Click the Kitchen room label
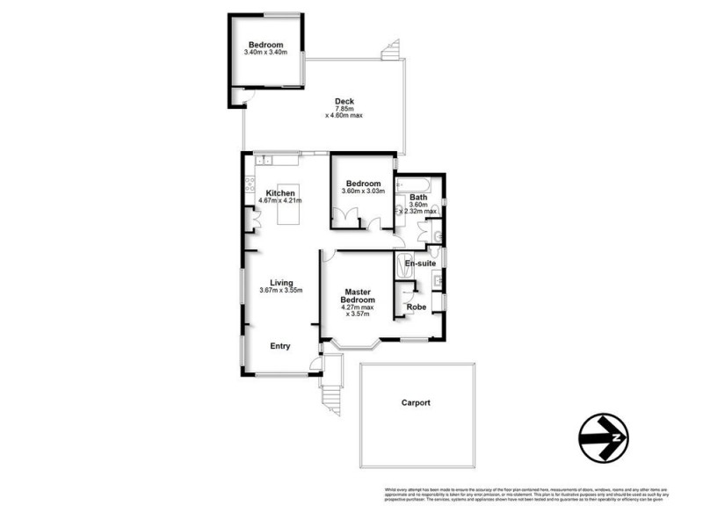pyautogui.click(x=281, y=193)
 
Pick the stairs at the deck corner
pyautogui.click(x=392, y=52)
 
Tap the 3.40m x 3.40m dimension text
pyautogui.click(x=265, y=54)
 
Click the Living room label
pyautogui.click(x=281, y=282)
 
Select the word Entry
pyautogui.click(x=279, y=346)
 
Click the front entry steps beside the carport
pyautogui.click(x=329, y=400)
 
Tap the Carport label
pyautogui.click(x=416, y=402)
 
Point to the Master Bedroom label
pyautogui.click(x=358, y=296)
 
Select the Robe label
pyautogui.click(x=417, y=307)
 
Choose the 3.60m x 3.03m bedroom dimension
pyautogui.click(x=363, y=192)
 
